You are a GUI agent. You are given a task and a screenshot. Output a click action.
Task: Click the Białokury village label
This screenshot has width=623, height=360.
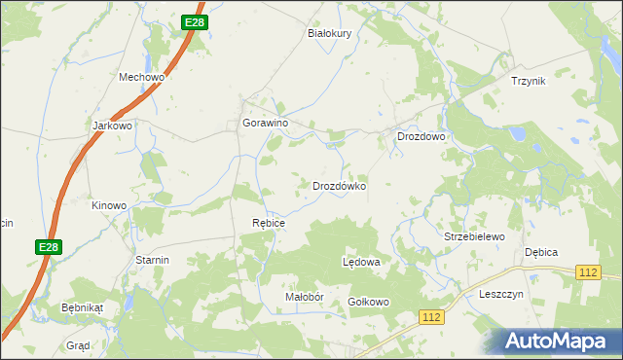(x=329, y=32)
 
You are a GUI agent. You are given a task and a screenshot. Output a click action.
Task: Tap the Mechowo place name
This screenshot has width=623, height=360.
(x=142, y=77)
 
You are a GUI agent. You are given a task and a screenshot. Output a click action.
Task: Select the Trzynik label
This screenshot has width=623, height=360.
(x=529, y=81)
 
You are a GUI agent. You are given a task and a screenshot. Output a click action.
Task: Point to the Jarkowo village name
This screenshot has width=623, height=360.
(x=112, y=126)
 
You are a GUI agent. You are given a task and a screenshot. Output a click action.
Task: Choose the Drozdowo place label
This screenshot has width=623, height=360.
(x=421, y=137)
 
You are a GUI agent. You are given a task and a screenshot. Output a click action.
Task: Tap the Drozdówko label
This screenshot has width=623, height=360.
(x=339, y=185)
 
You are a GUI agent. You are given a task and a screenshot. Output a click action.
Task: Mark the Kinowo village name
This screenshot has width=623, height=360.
(x=109, y=205)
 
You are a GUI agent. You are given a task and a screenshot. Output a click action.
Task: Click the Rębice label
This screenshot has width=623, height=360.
(x=269, y=223)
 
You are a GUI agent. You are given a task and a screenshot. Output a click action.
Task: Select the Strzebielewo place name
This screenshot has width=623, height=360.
(x=474, y=236)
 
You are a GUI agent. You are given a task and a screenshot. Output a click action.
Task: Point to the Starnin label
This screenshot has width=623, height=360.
(x=153, y=260)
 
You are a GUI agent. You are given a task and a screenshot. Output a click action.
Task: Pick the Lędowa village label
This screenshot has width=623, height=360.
(x=361, y=263)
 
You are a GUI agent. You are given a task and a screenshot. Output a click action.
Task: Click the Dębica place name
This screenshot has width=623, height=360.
(x=541, y=252)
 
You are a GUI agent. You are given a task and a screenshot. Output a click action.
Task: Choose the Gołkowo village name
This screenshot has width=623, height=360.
(x=369, y=302)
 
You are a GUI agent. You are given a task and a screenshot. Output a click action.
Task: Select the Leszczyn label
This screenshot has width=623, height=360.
(x=502, y=294)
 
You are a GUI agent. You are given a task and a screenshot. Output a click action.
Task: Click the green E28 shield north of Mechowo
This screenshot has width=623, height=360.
(x=195, y=21)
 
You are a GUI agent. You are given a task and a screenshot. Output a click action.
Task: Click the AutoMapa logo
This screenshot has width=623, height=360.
(x=552, y=341)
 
